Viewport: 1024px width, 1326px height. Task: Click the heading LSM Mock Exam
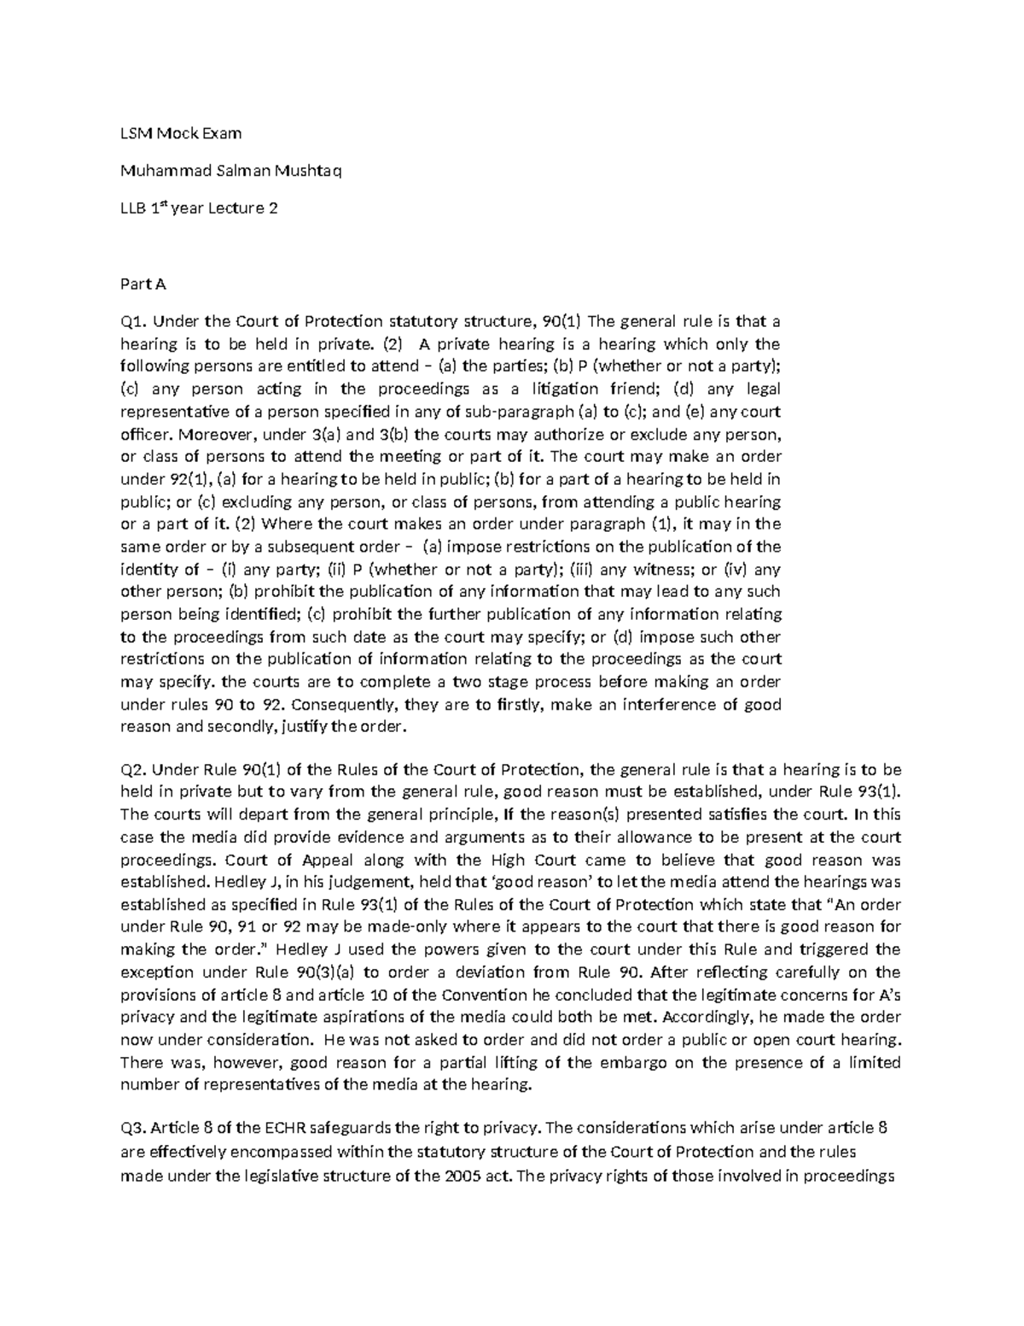click(x=181, y=133)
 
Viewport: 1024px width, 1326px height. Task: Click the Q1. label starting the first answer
click(x=135, y=322)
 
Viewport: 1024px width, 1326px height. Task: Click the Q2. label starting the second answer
click(x=135, y=769)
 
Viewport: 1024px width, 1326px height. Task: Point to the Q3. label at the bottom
click(x=135, y=1129)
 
